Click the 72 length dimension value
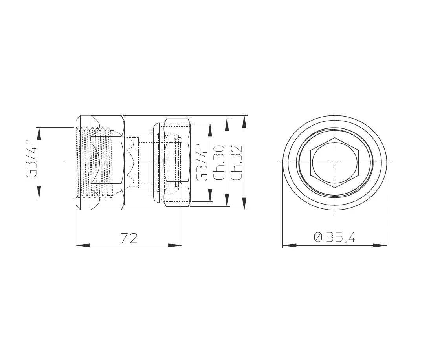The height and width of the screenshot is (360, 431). click(x=129, y=238)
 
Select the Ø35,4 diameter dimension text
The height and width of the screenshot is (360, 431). click(x=334, y=238)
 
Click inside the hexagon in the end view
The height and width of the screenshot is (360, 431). click(x=334, y=163)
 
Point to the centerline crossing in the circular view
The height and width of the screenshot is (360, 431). click(x=335, y=163)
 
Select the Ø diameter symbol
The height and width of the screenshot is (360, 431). click(x=319, y=238)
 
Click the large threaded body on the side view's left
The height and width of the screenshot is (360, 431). click(x=100, y=163)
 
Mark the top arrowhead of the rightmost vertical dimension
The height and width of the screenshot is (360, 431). click(x=244, y=122)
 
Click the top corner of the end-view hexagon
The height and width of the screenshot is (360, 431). click(x=335, y=138)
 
